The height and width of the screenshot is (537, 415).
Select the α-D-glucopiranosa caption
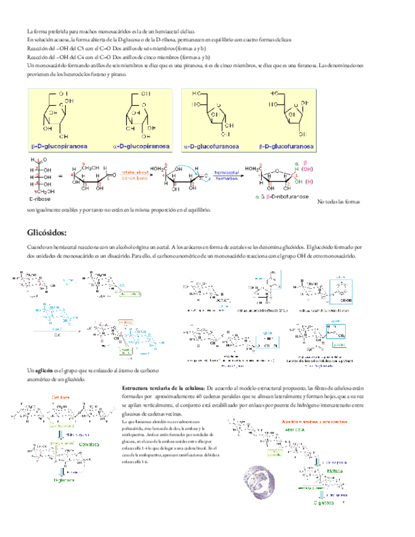(x=141, y=146)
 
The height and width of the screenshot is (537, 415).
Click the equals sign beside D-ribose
(x=60, y=176)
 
